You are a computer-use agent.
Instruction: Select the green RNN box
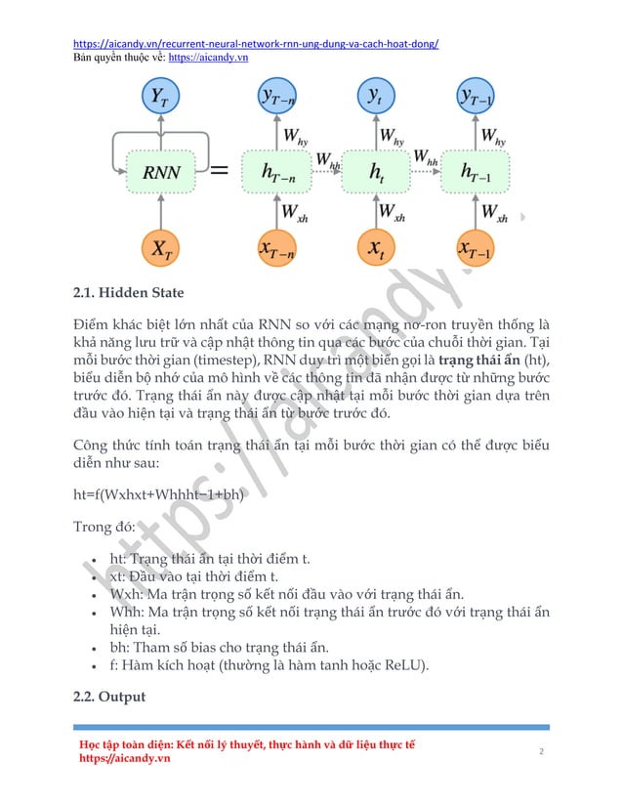click(x=161, y=172)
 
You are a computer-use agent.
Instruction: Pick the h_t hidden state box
click(x=376, y=172)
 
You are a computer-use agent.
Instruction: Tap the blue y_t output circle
click(x=376, y=97)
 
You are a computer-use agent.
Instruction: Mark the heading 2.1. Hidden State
click(x=128, y=292)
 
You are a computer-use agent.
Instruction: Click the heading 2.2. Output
click(x=109, y=697)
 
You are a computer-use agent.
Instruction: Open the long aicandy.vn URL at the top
click(x=256, y=44)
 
